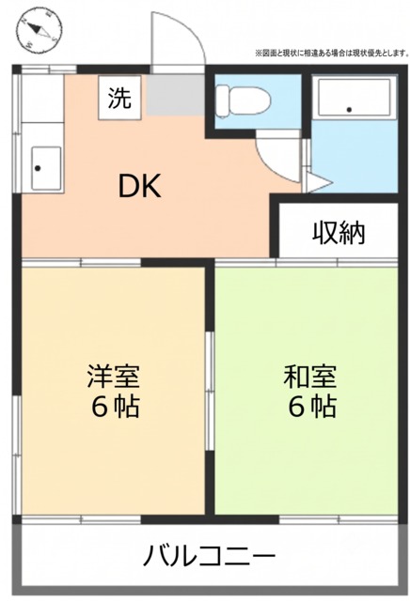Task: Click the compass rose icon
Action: [39, 29]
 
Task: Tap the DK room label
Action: [139, 186]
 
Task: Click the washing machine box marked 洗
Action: [119, 98]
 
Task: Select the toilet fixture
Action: [244, 100]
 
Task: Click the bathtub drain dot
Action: [349, 110]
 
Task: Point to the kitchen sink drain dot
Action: [38, 168]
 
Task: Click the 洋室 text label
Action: [114, 377]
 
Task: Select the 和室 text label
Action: [310, 377]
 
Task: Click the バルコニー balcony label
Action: [210, 555]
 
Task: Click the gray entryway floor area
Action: [176, 95]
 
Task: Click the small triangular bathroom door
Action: [318, 182]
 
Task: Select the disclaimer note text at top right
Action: [331, 53]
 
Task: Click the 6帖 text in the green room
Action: [312, 407]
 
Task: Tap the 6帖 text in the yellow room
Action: [115, 407]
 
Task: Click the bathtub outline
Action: [355, 98]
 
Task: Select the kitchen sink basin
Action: [46, 168]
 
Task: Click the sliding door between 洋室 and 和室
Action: [209, 391]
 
